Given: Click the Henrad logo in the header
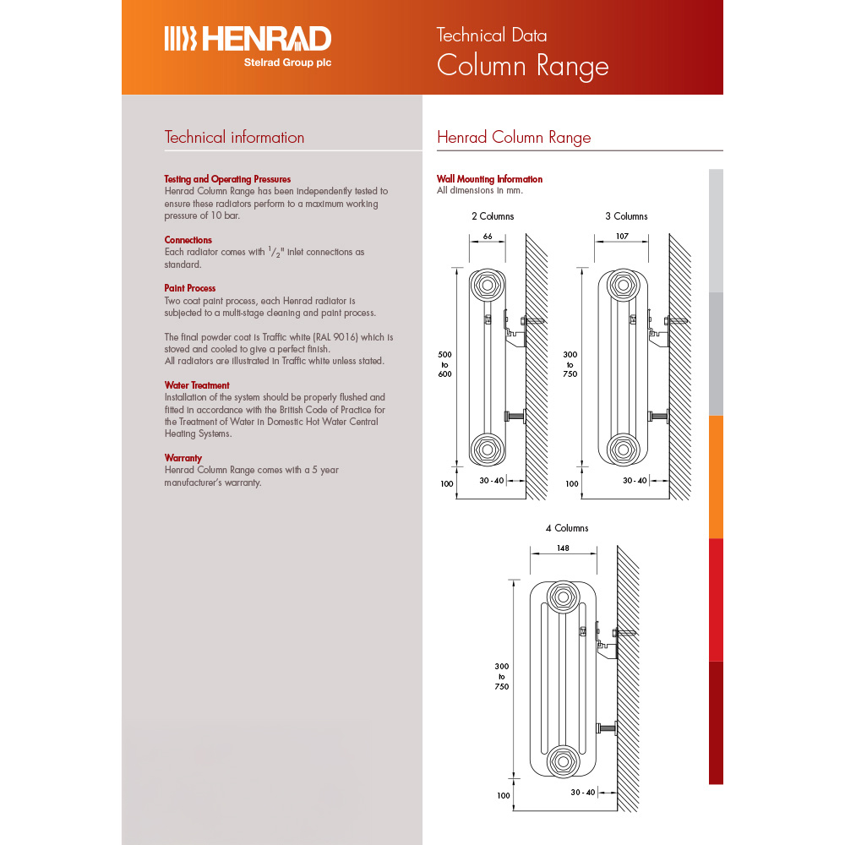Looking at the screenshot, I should [247, 43].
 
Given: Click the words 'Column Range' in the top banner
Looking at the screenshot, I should [522, 65].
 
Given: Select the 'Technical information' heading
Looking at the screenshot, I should [234, 138].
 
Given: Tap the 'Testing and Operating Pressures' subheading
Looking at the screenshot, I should [227, 179].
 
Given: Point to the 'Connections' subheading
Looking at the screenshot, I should [188, 240].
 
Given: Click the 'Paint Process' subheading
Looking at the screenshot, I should [189, 288].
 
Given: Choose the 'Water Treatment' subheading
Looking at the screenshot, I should [196, 385].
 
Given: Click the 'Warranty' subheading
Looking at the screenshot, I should [183, 458].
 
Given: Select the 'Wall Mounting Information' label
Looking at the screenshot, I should [489, 179].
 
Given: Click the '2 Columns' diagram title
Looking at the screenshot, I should [492, 216].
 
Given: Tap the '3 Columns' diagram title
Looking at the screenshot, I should [626, 216].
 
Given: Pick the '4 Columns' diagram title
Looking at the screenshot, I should [566, 528].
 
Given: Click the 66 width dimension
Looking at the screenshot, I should [488, 237].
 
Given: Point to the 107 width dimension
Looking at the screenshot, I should [622, 237].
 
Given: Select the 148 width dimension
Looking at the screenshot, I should [564, 548].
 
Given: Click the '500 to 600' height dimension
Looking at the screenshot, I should [445, 364].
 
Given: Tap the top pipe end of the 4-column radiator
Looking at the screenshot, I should [562, 598].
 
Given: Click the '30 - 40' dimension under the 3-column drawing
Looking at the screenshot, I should [635, 480].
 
